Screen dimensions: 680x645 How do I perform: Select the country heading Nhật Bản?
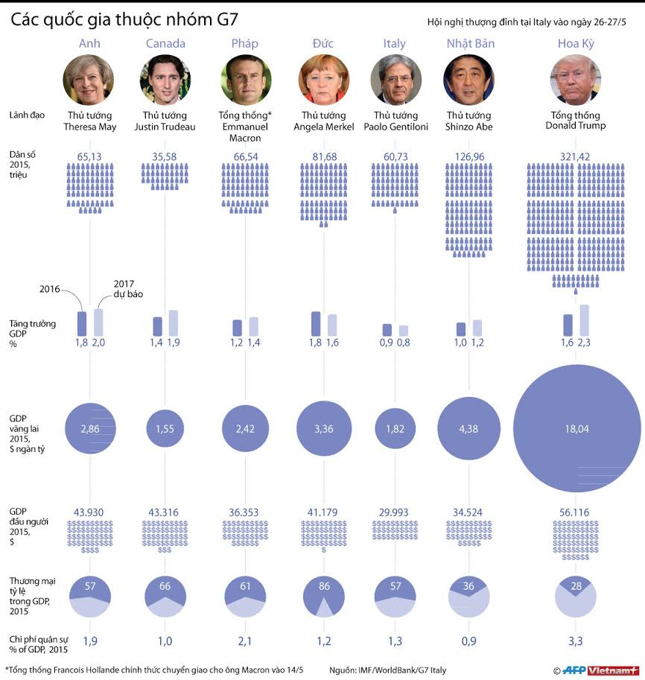tap(470, 43)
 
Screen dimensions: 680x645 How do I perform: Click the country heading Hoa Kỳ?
tap(576, 43)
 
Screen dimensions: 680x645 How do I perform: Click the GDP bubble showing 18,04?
tap(576, 428)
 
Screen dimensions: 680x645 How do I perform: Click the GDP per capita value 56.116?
tap(576, 512)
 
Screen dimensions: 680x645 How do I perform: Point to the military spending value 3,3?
tap(576, 641)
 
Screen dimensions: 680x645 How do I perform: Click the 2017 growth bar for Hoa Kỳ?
tap(585, 320)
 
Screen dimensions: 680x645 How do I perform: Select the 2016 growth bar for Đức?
tap(316, 323)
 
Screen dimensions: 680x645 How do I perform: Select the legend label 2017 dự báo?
tap(128, 288)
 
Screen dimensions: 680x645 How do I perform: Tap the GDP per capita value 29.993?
tap(395, 512)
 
